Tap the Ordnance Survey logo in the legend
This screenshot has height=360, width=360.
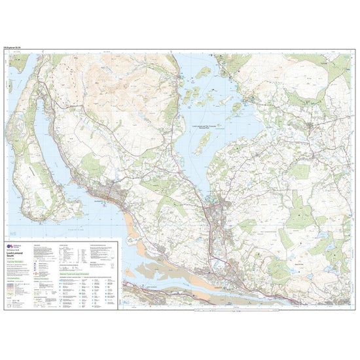[x=9, y=246]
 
